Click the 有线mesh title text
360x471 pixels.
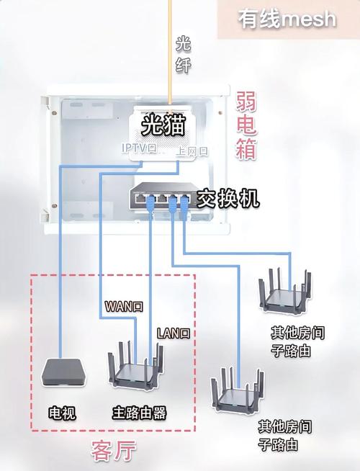click(287, 18)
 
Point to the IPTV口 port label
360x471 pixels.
click(138, 148)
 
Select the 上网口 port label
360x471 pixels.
click(192, 151)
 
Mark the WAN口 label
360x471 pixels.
click(124, 306)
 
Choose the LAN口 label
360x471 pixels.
click(174, 333)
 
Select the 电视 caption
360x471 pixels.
click(62, 413)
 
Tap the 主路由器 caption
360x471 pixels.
click(139, 413)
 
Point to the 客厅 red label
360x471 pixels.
click(113, 452)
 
